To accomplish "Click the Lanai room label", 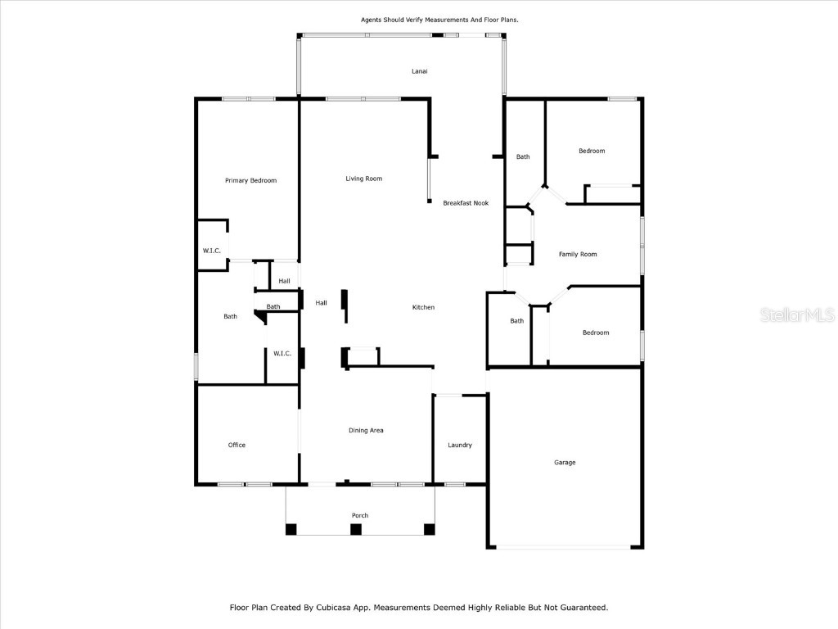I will (x=419, y=71).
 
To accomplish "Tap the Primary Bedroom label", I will (x=250, y=180).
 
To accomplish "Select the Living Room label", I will (x=363, y=179).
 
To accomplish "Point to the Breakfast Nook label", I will (x=466, y=203).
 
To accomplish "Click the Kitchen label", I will (x=423, y=307).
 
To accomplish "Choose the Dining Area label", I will (x=366, y=430).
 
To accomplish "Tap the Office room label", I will (x=237, y=445).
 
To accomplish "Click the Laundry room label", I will (x=460, y=445).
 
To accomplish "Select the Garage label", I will (x=565, y=463).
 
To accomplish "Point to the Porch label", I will (x=360, y=515).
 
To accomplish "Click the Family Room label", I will (x=578, y=255).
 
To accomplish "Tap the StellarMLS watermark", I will (x=796, y=314).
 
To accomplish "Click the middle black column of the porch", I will (x=355, y=529).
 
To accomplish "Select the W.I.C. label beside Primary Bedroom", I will (x=212, y=251).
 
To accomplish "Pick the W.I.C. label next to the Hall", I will (x=282, y=353).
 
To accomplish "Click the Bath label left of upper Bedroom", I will (x=523, y=157).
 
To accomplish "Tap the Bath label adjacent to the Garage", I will (x=517, y=321).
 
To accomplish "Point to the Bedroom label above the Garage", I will (x=596, y=333).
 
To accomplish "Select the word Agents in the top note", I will (x=373, y=19).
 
